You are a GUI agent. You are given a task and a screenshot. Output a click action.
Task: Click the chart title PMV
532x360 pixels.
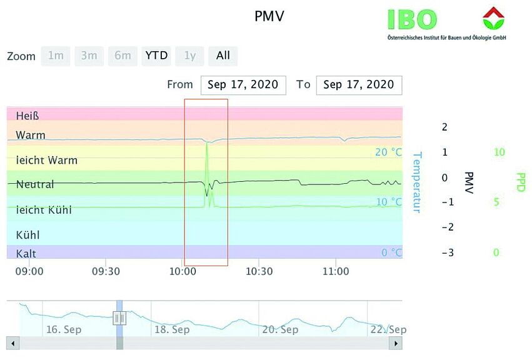(269, 16)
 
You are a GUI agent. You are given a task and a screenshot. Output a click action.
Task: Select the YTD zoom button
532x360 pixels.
(156, 56)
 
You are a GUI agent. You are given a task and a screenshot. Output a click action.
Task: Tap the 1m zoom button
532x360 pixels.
(56, 56)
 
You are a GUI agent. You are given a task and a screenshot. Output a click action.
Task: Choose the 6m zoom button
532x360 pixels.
(123, 56)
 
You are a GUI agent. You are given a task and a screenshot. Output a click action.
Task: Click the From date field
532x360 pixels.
(243, 85)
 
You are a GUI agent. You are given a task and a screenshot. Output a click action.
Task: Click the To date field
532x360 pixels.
(359, 85)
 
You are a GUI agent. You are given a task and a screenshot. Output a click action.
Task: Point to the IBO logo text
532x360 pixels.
(412, 19)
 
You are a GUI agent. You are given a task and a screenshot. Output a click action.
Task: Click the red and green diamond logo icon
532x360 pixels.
(493, 18)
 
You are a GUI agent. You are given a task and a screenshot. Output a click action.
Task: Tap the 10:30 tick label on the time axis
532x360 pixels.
(259, 272)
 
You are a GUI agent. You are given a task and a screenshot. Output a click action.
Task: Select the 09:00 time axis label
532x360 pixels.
(29, 272)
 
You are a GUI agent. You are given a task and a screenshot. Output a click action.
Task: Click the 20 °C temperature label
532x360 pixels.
(388, 152)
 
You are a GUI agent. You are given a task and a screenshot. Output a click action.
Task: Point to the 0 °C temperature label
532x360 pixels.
(391, 253)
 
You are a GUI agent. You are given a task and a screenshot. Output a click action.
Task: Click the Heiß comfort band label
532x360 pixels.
(28, 116)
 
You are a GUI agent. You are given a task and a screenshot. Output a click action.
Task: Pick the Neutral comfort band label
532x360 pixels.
(35, 184)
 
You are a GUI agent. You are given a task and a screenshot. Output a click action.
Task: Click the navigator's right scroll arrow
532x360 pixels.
(395, 343)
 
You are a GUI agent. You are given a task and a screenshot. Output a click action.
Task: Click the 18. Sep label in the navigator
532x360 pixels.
(172, 329)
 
